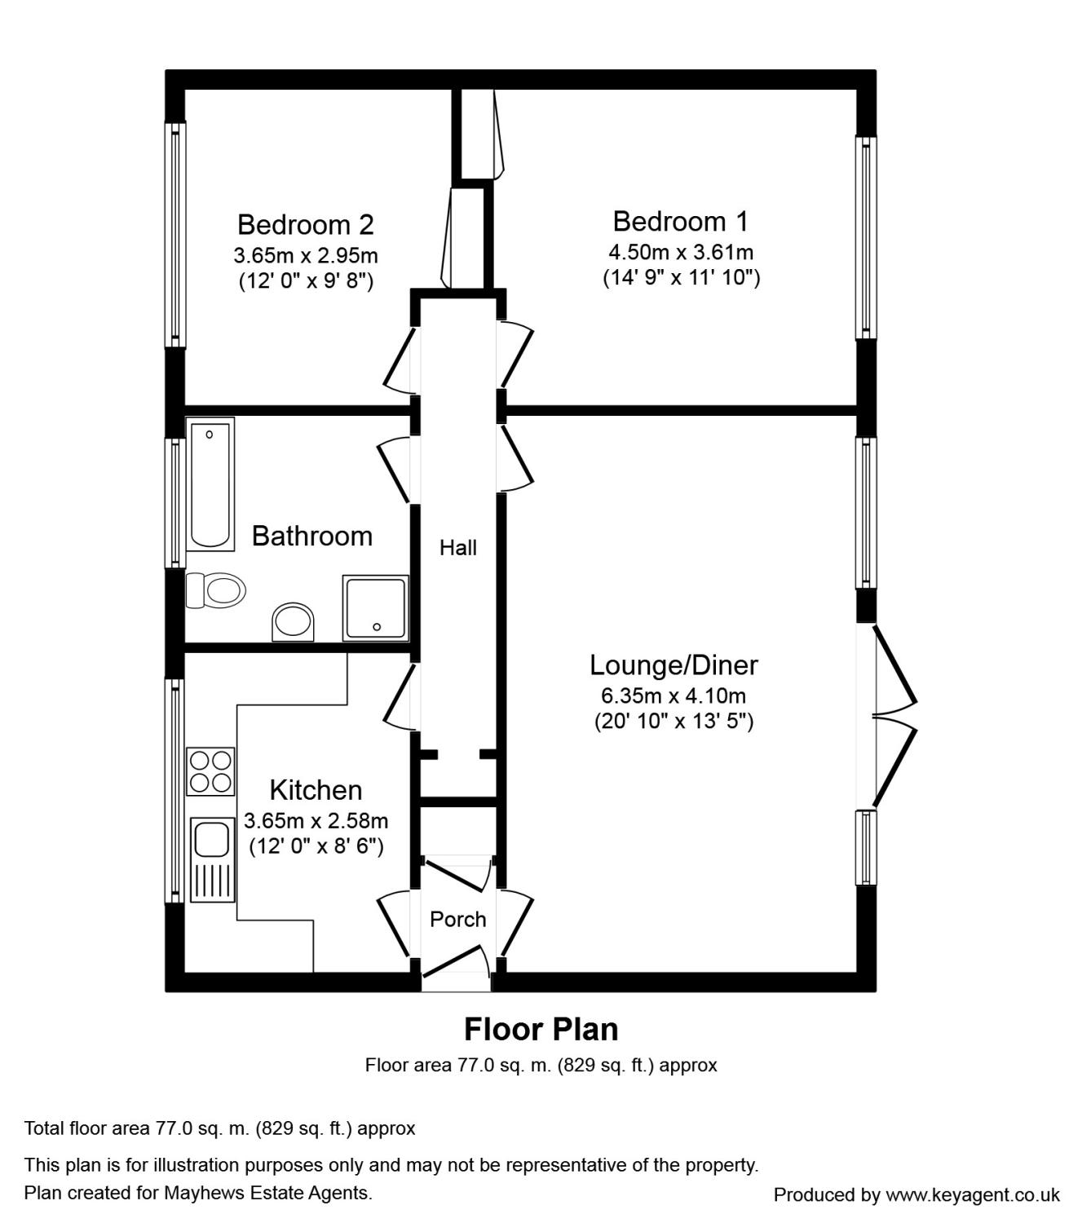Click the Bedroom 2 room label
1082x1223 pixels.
(306, 225)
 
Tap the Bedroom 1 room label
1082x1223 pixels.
(681, 222)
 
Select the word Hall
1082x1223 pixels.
(458, 548)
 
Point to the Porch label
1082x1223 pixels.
(458, 920)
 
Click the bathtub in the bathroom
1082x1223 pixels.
(210, 484)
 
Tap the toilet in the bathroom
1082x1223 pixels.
(215, 589)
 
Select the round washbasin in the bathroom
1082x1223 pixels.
(293, 621)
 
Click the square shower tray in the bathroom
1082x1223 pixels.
(376, 608)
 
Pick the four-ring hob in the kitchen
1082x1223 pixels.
(210, 771)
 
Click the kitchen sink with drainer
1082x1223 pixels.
(213, 860)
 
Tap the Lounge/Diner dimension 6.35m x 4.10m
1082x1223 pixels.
(673, 696)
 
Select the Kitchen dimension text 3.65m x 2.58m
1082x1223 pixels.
(316, 821)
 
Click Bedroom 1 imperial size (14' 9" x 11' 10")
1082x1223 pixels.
(681, 277)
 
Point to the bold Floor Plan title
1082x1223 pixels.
(541, 1029)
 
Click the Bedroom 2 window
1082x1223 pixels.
(175, 235)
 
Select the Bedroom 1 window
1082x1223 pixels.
(866, 238)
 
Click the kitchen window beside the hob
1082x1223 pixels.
(175, 791)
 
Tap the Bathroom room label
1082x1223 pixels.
(312, 536)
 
